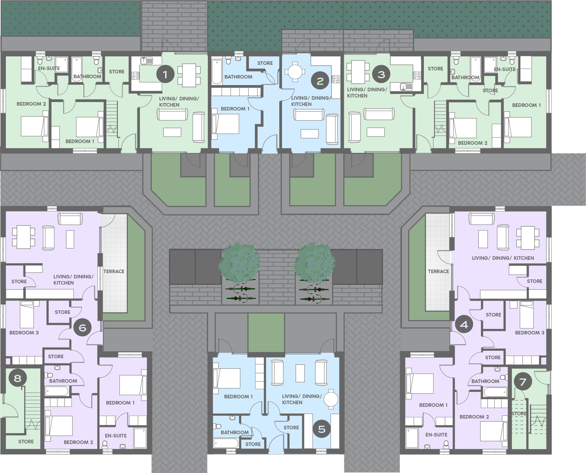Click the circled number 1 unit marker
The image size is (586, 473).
[x=165, y=75]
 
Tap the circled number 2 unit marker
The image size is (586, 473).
[x=320, y=81]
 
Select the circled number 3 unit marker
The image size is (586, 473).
[x=381, y=74]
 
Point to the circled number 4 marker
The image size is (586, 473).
[x=464, y=324]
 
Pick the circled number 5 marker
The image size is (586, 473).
[x=322, y=429]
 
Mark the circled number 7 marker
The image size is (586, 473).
[x=523, y=381]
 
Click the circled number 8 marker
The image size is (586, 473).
[x=17, y=378]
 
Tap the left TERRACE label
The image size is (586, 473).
[x=114, y=271]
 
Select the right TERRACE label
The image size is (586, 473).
[x=439, y=271]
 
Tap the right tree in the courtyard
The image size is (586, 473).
[x=315, y=263]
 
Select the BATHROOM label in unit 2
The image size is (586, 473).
[x=238, y=77]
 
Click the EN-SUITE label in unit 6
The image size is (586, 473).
[x=116, y=436]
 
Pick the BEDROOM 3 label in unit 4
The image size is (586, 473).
[x=530, y=333]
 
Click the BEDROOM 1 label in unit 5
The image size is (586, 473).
[x=238, y=396]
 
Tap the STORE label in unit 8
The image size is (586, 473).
[x=26, y=441]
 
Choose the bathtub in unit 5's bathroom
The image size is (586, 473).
[x=226, y=443]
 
